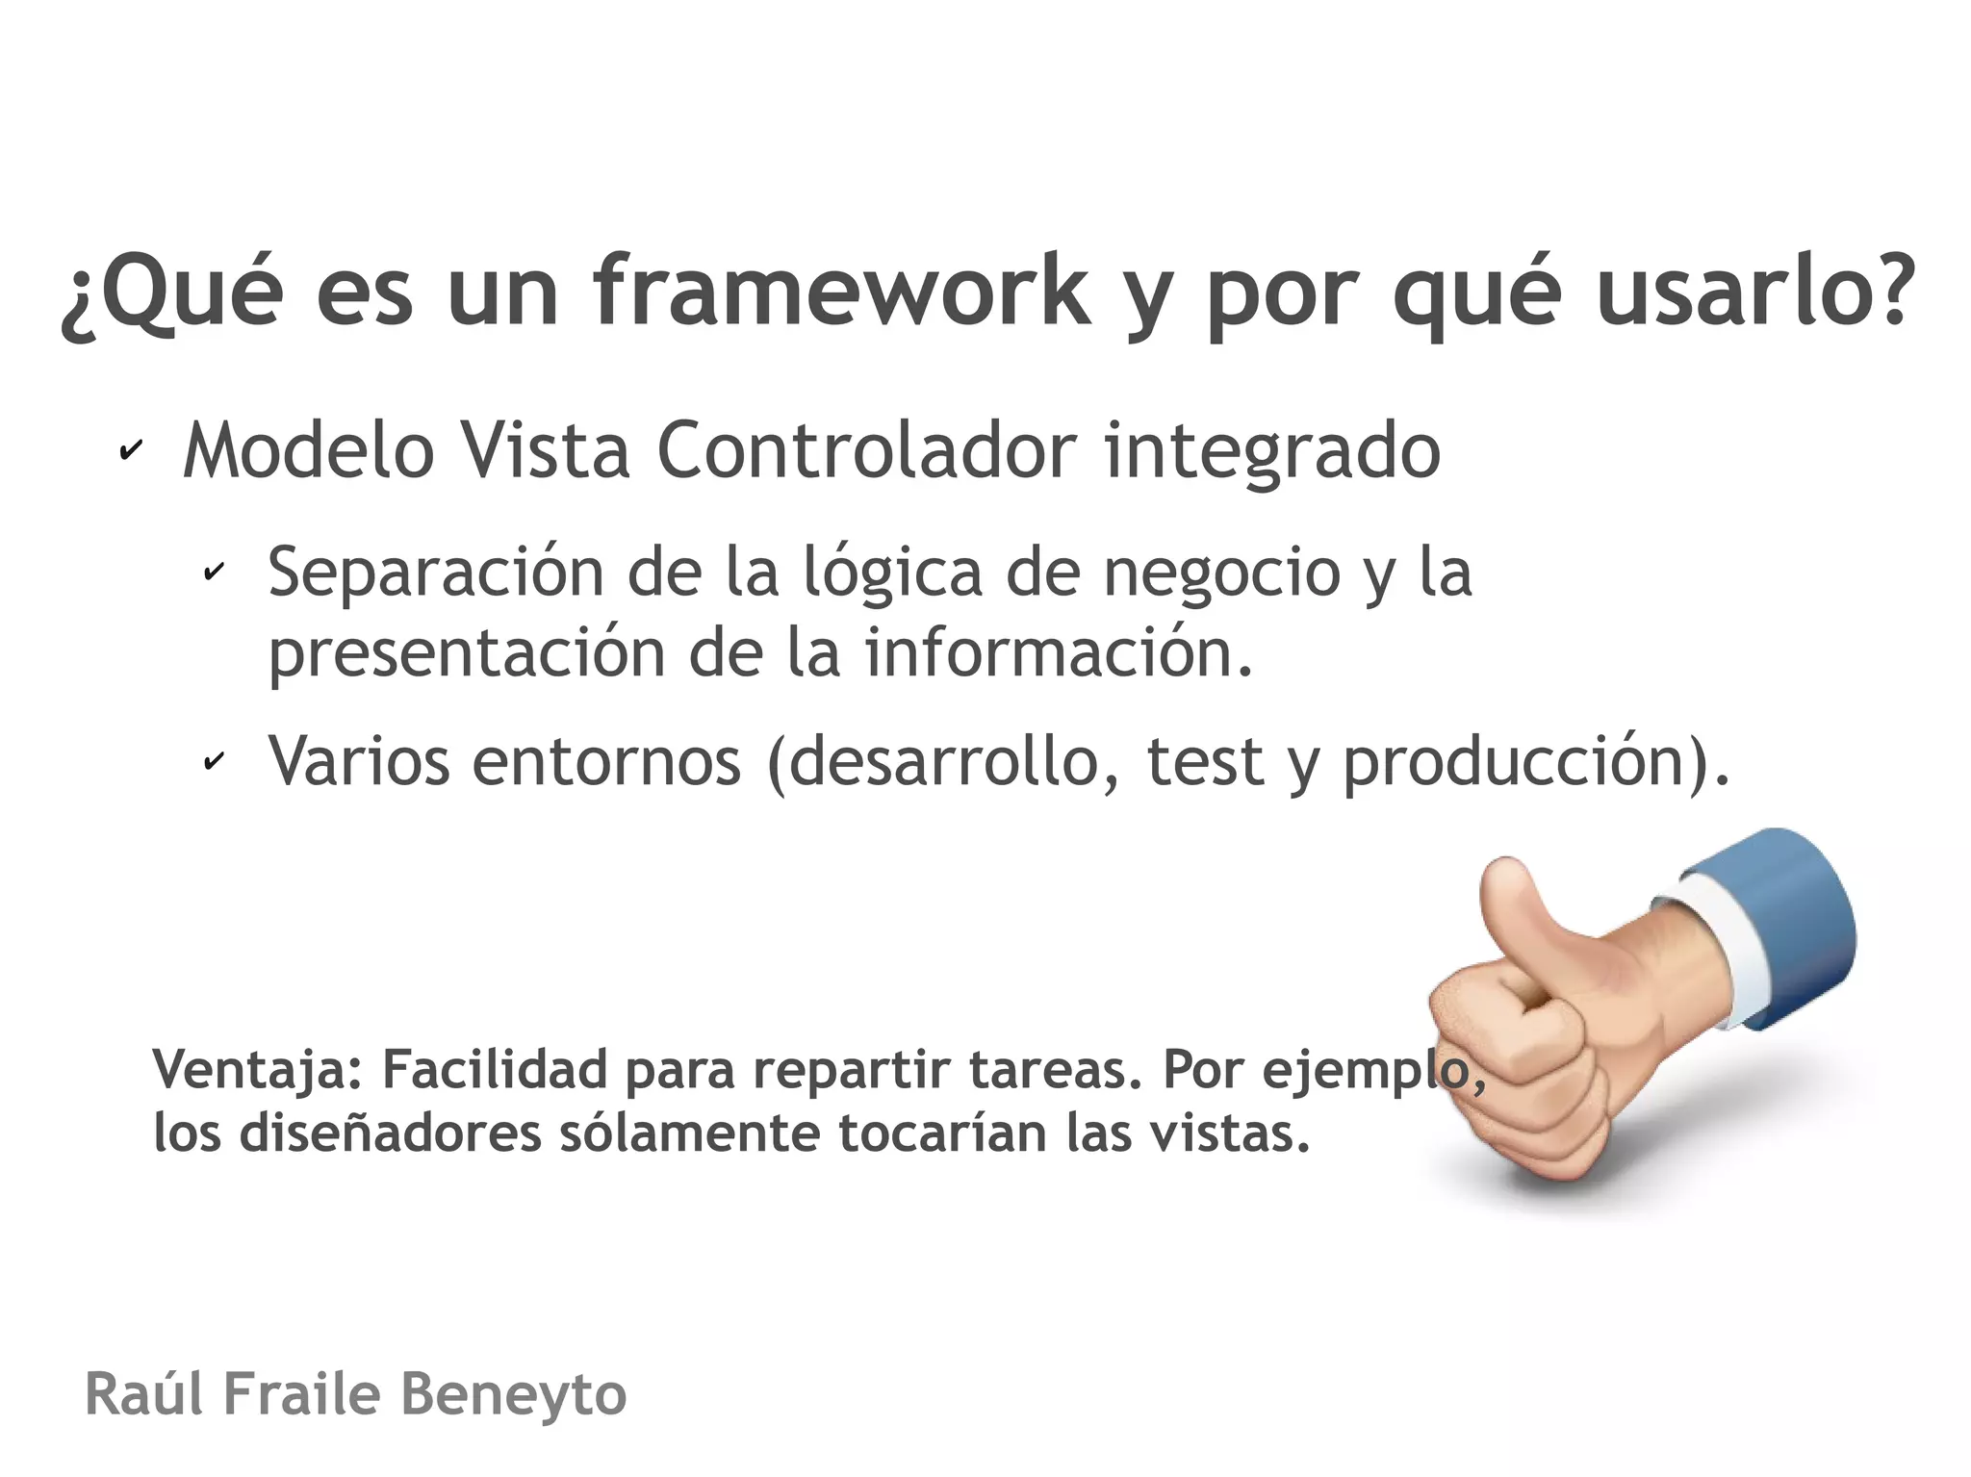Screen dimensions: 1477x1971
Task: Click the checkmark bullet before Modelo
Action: pyautogui.click(x=131, y=449)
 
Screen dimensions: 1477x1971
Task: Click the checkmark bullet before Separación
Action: pyautogui.click(x=214, y=572)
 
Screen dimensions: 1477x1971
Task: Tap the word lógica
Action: pyautogui.click(x=893, y=573)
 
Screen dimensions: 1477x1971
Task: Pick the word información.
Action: pyautogui.click(x=1059, y=652)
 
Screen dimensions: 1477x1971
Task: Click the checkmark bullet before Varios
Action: pyautogui.click(x=214, y=761)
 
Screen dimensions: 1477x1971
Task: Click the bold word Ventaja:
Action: pyautogui.click(x=258, y=1070)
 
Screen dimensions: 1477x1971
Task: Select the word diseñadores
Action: pyautogui.click(x=390, y=1133)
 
